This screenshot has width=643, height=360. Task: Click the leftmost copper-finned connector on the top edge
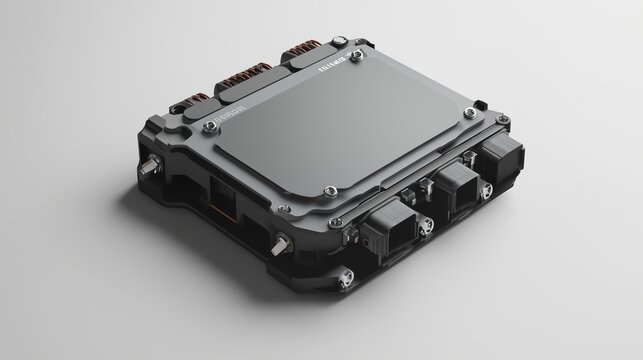(190, 105)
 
